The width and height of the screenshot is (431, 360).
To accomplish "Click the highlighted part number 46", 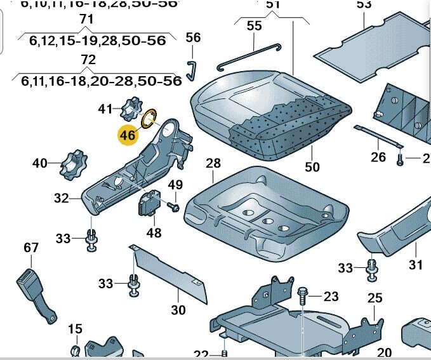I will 128,135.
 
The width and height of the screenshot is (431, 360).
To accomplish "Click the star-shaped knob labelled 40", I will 72,164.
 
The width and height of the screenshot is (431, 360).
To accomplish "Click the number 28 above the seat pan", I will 213,163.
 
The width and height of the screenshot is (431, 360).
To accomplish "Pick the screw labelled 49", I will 173,206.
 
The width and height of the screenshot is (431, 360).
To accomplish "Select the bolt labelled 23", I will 303,296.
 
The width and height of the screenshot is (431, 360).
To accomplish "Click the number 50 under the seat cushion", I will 312,167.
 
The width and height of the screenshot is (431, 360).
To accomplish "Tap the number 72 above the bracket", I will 88,60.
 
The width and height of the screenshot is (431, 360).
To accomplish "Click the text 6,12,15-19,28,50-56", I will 97,40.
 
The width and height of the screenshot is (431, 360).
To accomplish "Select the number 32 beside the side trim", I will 61,198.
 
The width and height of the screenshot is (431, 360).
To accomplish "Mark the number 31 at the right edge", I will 415,265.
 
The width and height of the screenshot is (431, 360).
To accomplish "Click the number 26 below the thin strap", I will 378,157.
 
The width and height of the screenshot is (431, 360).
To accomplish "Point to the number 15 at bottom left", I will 75,329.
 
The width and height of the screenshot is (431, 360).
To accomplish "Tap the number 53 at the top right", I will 364,5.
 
